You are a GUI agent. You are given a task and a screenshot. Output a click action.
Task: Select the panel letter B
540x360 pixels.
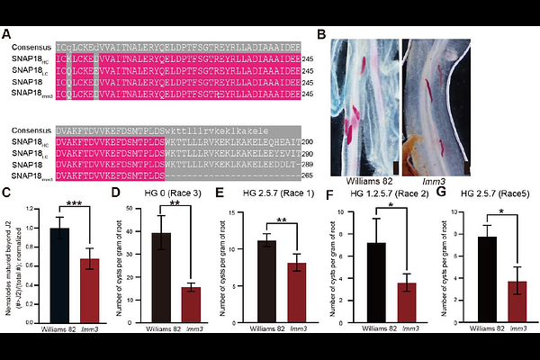(x=321, y=34)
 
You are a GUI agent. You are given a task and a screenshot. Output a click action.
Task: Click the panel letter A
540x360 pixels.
(x=7, y=34)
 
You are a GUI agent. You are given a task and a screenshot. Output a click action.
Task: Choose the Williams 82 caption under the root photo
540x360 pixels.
(x=354, y=167)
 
